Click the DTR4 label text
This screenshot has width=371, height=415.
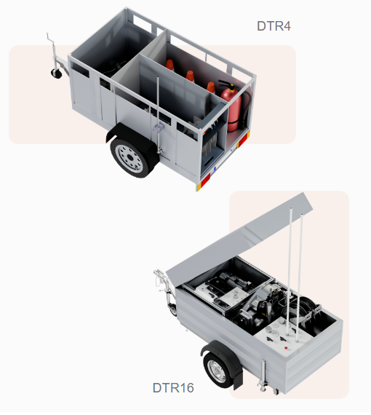pyautogui.click(x=274, y=26)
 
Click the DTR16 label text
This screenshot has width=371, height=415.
pyautogui.click(x=173, y=388)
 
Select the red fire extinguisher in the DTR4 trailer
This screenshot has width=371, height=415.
pyautogui.click(x=231, y=107)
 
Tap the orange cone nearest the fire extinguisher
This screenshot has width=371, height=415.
pyautogui.click(x=211, y=87)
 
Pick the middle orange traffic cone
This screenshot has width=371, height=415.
pyautogui.click(x=190, y=76)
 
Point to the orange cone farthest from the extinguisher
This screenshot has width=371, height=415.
pyautogui.click(x=170, y=65)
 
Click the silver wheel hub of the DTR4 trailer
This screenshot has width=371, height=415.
pyautogui.click(x=130, y=158)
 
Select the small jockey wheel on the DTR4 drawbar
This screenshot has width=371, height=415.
pyautogui.click(x=56, y=73)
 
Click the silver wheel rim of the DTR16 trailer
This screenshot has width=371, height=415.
pyautogui.click(x=217, y=371)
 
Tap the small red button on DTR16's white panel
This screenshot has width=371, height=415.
pyautogui.click(x=286, y=347)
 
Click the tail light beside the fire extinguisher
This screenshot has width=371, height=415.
pyautogui.click(x=244, y=140)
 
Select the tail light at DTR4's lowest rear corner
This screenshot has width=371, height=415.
pyautogui.click(x=203, y=182)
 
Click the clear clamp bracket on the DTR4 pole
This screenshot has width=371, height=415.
pyautogui.click(x=158, y=128)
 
